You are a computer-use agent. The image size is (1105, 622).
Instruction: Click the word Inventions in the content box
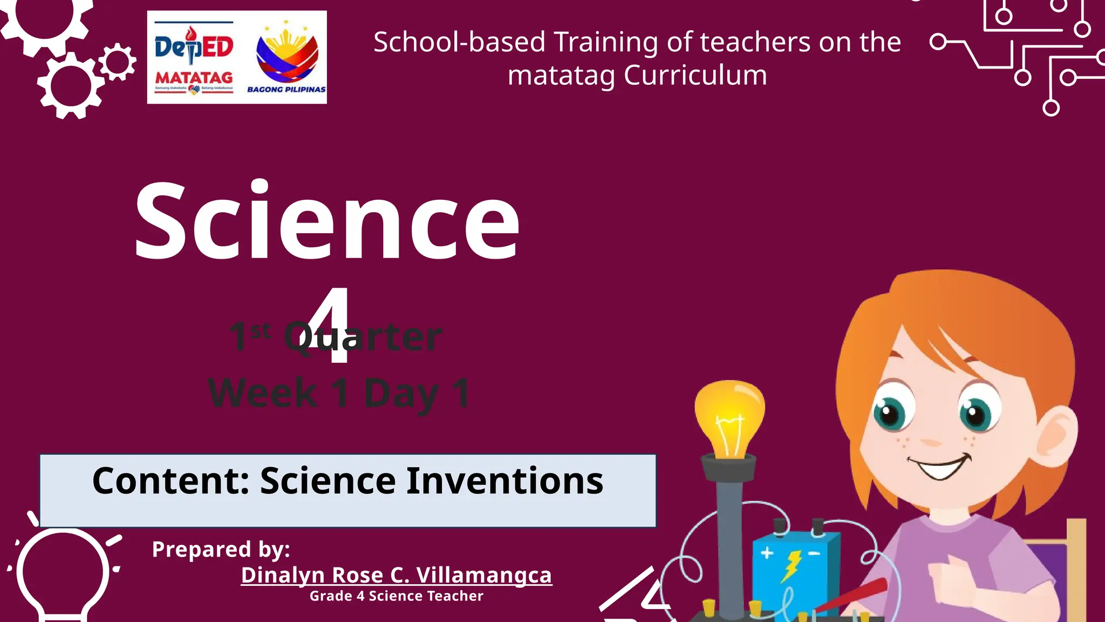[504, 481]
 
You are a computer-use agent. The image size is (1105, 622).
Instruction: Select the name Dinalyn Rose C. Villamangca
[396, 575]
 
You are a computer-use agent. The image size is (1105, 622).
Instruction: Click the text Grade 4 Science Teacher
[396, 596]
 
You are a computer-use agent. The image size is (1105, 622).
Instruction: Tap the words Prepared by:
[221, 550]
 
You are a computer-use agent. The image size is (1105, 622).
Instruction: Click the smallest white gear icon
[117, 62]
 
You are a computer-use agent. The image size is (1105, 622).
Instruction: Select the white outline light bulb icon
[63, 572]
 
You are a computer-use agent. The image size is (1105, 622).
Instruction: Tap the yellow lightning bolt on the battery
[791, 566]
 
